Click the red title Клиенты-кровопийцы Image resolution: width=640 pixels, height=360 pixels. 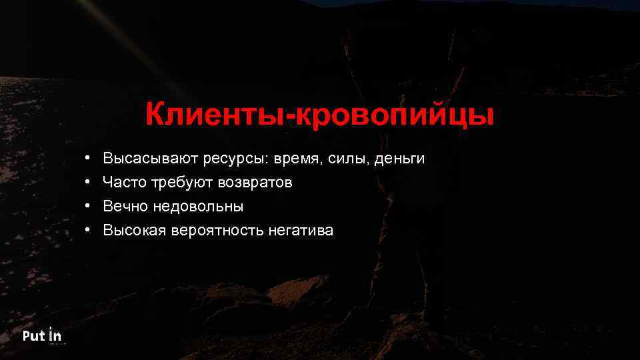click(320, 115)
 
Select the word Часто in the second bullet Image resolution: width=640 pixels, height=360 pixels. click(125, 183)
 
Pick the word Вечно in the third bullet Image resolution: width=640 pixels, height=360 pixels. click(125, 207)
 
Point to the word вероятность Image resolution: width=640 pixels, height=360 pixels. click(217, 231)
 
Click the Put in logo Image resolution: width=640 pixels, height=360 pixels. click(42, 335)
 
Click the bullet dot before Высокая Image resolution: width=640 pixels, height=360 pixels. click(87, 231)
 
